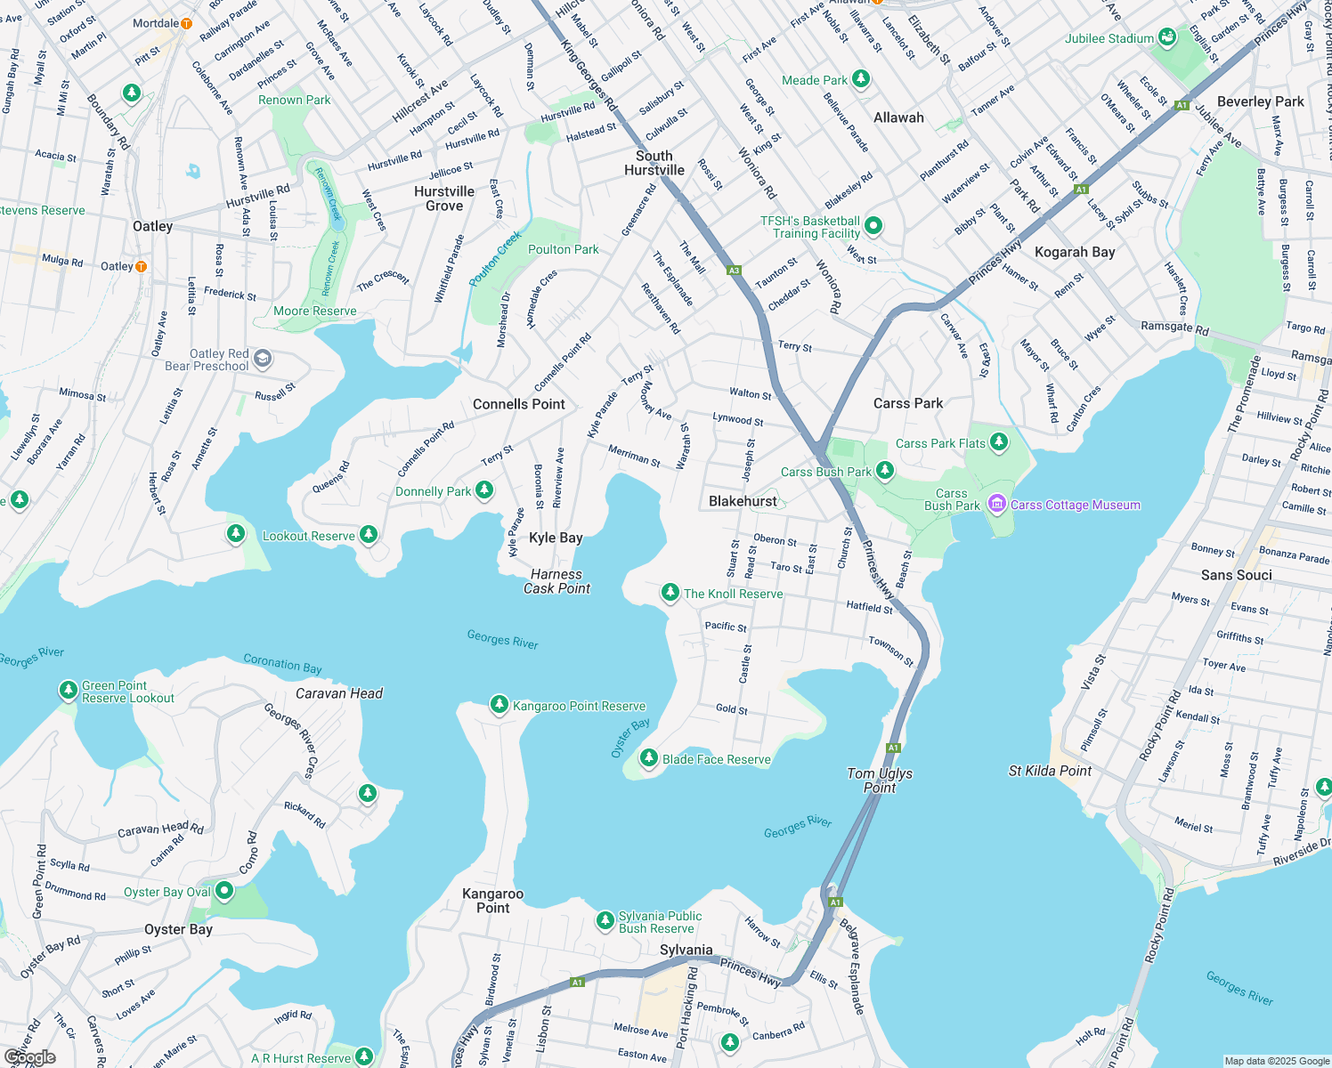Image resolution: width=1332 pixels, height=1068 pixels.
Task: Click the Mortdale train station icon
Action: (x=186, y=24)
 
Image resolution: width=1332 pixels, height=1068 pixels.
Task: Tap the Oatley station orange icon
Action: (x=141, y=266)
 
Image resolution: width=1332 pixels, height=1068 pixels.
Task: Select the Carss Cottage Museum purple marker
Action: (x=997, y=505)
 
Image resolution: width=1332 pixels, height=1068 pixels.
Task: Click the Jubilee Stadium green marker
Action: (x=1166, y=38)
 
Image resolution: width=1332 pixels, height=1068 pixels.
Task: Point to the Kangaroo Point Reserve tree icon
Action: (x=499, y=705)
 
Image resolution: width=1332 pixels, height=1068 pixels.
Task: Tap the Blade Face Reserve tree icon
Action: (x=649, y=758)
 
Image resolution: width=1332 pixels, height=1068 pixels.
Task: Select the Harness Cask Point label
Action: (x=556, y=581)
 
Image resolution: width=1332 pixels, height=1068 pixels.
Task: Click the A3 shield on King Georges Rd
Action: (x=734, y=271)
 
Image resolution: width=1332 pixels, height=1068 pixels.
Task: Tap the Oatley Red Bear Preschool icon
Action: (x=263, y=359)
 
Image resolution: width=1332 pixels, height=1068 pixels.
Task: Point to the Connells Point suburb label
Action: (x=519, y=404)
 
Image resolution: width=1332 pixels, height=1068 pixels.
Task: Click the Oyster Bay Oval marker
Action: (x=224, y=890)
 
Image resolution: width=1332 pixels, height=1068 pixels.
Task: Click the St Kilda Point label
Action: (x=1050, y=771)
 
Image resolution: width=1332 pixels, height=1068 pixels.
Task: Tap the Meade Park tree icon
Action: (x=860, y=79)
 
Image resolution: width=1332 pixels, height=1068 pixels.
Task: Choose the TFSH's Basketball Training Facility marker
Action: (x=873, y=226)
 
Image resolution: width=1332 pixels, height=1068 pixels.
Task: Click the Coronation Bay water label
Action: (x=282, y=664)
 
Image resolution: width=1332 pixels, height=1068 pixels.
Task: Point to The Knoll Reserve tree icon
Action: (x=670, y=593)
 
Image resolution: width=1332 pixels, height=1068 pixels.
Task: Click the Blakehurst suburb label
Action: (x=743, y=501)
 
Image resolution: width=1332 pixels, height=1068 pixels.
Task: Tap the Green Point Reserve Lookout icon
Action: (x=69, y=690)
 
